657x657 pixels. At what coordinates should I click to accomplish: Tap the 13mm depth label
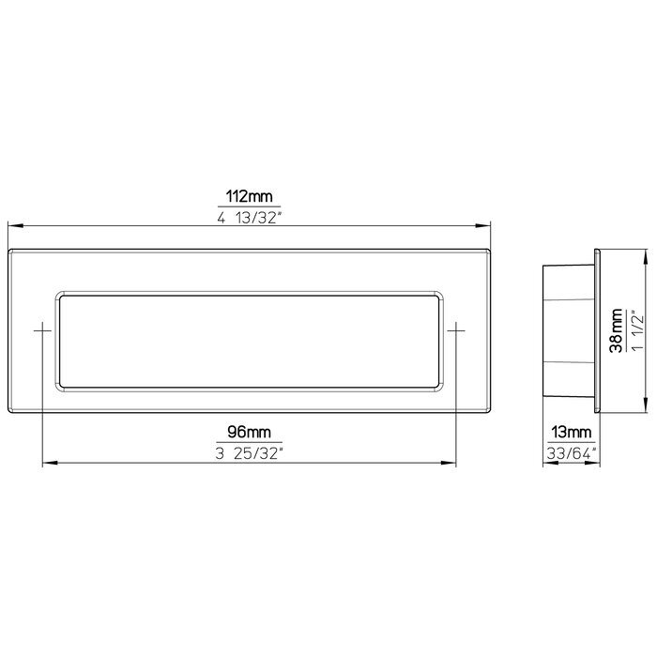571,433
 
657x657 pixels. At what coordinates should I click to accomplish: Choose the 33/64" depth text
571,453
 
